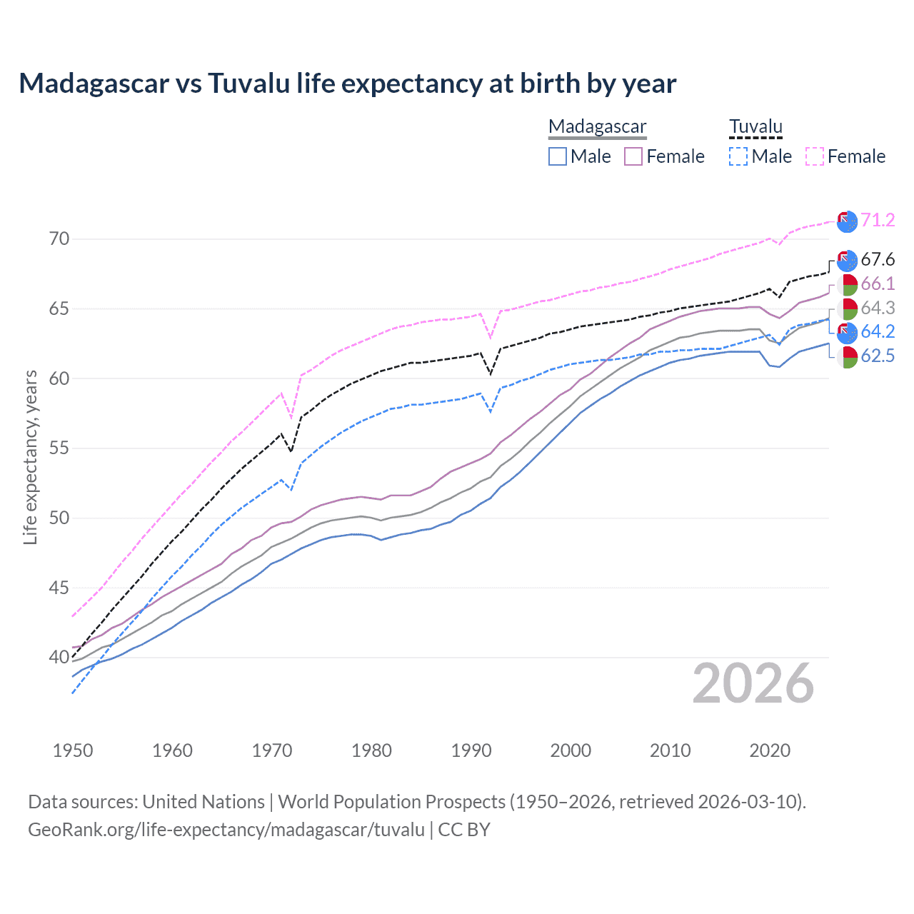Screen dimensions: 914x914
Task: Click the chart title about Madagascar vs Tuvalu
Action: pos(347,84)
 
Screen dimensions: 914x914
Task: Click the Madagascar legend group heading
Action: pos(597,127)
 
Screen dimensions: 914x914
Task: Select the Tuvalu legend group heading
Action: pos(755,127)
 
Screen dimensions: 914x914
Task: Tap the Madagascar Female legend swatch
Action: pos(633,156)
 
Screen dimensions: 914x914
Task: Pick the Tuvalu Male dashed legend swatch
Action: pos(738,156)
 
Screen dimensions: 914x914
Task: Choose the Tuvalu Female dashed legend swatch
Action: pos(815,156)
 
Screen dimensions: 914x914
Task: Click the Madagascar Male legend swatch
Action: pos(558,156)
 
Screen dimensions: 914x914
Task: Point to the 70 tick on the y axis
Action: pos(59,239)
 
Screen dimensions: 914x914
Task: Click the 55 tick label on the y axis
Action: pos(59,448)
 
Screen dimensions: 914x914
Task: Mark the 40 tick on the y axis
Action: pos(59,657)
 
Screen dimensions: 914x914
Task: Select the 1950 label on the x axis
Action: pos(73,750)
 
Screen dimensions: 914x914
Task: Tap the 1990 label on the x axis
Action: pos(471,750)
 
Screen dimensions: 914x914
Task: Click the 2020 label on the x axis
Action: pos(770,750)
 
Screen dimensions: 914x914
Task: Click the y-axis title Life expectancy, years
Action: pos(30,457)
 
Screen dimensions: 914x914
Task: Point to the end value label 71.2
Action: pos(878,220)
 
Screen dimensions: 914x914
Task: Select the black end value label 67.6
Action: pos(878,259)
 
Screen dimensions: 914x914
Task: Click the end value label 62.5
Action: pos(878,356)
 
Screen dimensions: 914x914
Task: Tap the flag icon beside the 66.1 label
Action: pos(847,284)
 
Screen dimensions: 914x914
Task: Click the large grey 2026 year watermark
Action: pos(753,683)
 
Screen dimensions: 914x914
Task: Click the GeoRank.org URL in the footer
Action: pos(226,830)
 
